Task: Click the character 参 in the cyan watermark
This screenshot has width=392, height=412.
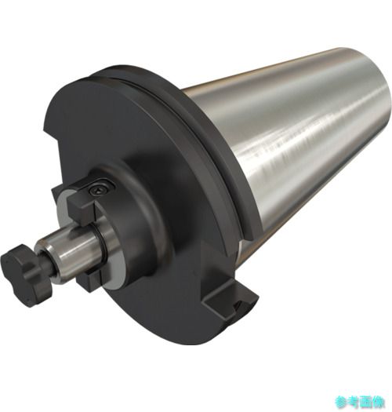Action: [340, 402]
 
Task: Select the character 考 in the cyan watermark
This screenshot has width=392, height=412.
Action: [353, 402]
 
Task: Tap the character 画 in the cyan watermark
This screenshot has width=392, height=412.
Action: [365, 402]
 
